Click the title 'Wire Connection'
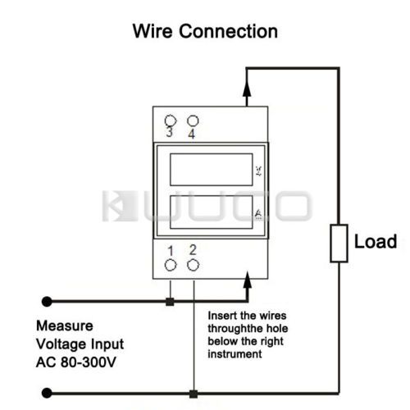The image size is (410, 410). click(205, 31)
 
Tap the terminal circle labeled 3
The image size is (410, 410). click(171, 121)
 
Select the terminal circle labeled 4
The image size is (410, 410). click(193, 121)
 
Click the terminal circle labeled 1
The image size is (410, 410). click(171, 265)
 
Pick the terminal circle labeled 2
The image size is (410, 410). click(194, 265)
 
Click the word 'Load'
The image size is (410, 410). click(376, 242)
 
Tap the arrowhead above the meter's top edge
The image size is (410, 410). click(247, 89)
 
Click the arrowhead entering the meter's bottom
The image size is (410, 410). click(248, 280)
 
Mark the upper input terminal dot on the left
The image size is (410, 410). click(47, 302)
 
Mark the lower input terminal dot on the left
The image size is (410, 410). click(47, 393)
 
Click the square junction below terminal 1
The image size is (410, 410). click(170, 302)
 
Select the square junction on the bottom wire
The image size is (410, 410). click(194, 394)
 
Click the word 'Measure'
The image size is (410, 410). click(65, 326)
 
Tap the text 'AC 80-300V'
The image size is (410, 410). click(76, 362)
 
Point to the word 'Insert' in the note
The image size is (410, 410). click(223, 316)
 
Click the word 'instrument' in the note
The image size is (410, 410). click(235, 354)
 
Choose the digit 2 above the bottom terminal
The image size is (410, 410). click(193, 250)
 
